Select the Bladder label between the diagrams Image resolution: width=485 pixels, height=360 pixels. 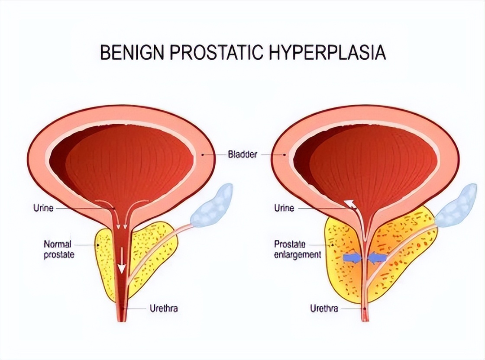coord(242,154)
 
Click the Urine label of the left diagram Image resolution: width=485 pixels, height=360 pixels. coord(43,208)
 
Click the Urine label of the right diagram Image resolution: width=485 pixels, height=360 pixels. coord(284,208)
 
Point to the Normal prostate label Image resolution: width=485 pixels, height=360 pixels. coord(59,250)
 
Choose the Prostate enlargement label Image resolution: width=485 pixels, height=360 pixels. coord(297,250)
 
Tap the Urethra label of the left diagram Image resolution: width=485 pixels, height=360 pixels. coord(163,309)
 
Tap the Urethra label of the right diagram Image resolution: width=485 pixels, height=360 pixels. coord(324,309)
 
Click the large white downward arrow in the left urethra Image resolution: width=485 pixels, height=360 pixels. coord(123,262)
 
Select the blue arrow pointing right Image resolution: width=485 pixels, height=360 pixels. coord(351,258)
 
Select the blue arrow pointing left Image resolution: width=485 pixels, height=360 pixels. coord(378,258)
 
